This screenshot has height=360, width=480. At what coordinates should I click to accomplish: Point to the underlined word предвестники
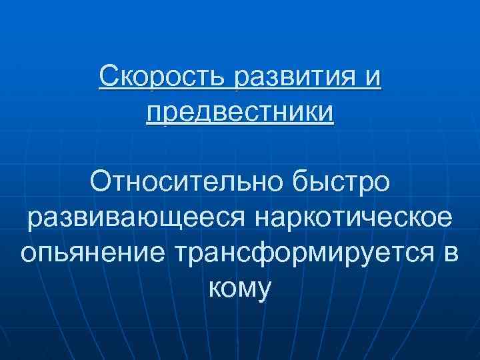[240, 111]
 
